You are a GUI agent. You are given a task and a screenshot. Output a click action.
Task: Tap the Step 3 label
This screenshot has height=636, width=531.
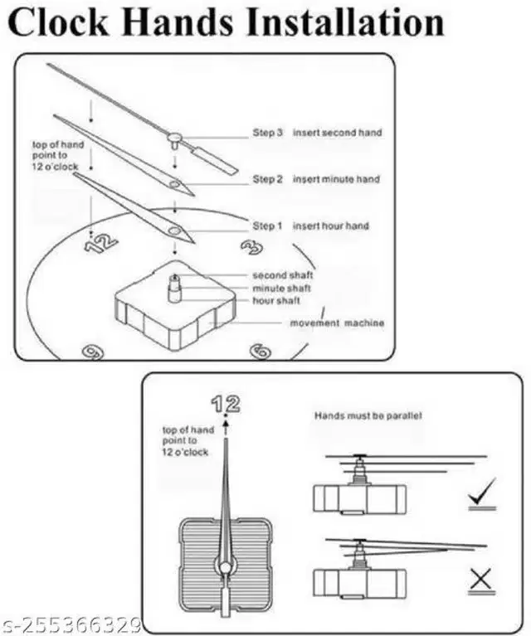(268, 133)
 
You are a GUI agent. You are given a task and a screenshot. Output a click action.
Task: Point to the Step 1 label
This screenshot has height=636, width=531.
(268, 226)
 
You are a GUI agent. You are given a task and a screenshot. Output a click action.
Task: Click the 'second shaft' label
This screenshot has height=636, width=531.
(282, 275)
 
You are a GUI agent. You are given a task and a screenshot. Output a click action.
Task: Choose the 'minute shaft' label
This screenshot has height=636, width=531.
(282, 288)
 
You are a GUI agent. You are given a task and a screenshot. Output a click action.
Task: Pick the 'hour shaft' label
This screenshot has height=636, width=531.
(276, 300)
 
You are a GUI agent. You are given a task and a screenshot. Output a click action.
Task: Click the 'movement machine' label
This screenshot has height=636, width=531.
(337, 323)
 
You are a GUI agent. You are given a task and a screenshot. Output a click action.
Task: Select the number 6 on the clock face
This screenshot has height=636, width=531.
(260, 350)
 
